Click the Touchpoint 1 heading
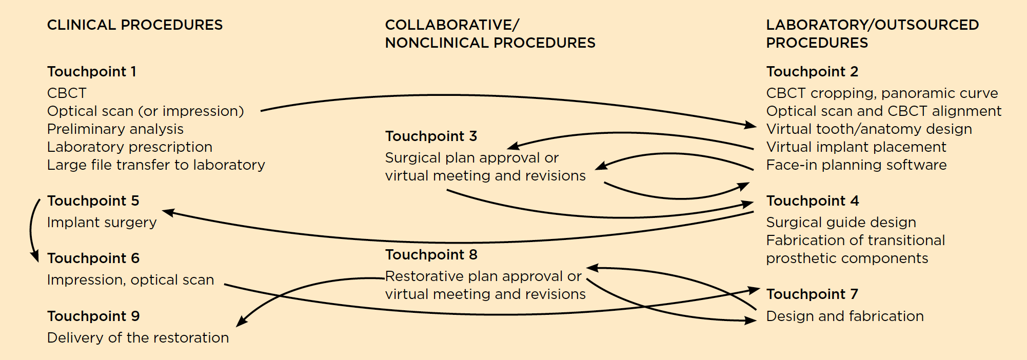click(x=92, y=72)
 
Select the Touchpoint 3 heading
click(x=431, y=136)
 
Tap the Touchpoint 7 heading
click(x=812, y=294)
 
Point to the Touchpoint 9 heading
click(x=93, y=316)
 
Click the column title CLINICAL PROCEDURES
click(x=135, y=25)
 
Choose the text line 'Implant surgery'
click(x=102, y=223)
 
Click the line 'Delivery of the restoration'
click(x=138, y=338)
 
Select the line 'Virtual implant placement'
click(x=856, y=147)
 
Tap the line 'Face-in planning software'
click(x=856, y=165)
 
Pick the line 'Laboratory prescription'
click(x=129, y=147)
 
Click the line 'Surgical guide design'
click(x=841, y=223)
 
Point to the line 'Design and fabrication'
click(x=844, y=316)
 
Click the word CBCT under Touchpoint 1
click(x=67, y=93)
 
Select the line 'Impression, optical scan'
click(x=130, y=280)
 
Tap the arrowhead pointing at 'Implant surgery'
click(x=168, y=212)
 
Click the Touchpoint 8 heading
click(x=431, y=255)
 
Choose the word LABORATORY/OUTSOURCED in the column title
click(x=872, y=25)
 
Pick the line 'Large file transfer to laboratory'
click(x=156, y=165)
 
